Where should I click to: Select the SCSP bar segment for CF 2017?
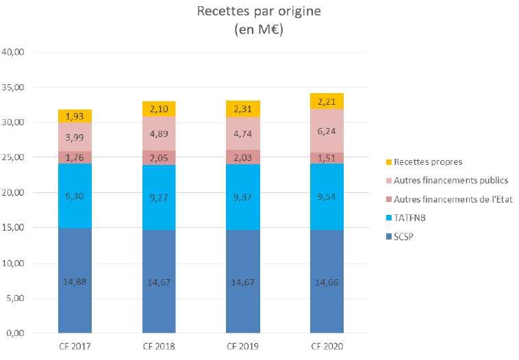75,281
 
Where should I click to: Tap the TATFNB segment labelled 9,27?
159,197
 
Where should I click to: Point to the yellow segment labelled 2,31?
243,108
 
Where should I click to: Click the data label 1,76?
75,158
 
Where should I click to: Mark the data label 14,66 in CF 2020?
327,281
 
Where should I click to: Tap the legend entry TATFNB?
415,218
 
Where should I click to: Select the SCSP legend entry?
409,236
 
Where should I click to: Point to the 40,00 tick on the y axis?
14,52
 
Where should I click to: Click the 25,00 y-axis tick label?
14,157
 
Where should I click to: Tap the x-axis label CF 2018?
159,346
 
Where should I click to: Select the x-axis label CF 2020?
327,346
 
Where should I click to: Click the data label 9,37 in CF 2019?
243,197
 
